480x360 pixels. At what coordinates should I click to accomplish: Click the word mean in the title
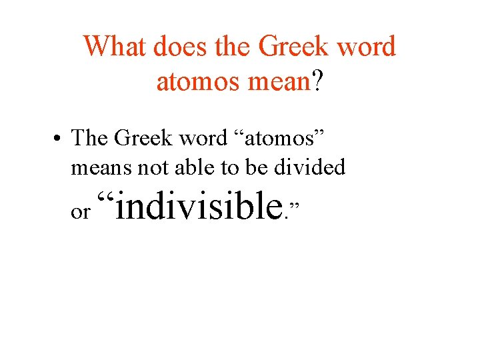click(281, 81)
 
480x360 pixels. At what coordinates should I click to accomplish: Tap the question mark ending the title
click(319, 81)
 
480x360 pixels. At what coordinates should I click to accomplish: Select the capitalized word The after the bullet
click(90, 138)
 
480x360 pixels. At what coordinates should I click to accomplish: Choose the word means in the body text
click(101, 167)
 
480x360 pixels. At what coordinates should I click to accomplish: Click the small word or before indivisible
click(79, 212)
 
